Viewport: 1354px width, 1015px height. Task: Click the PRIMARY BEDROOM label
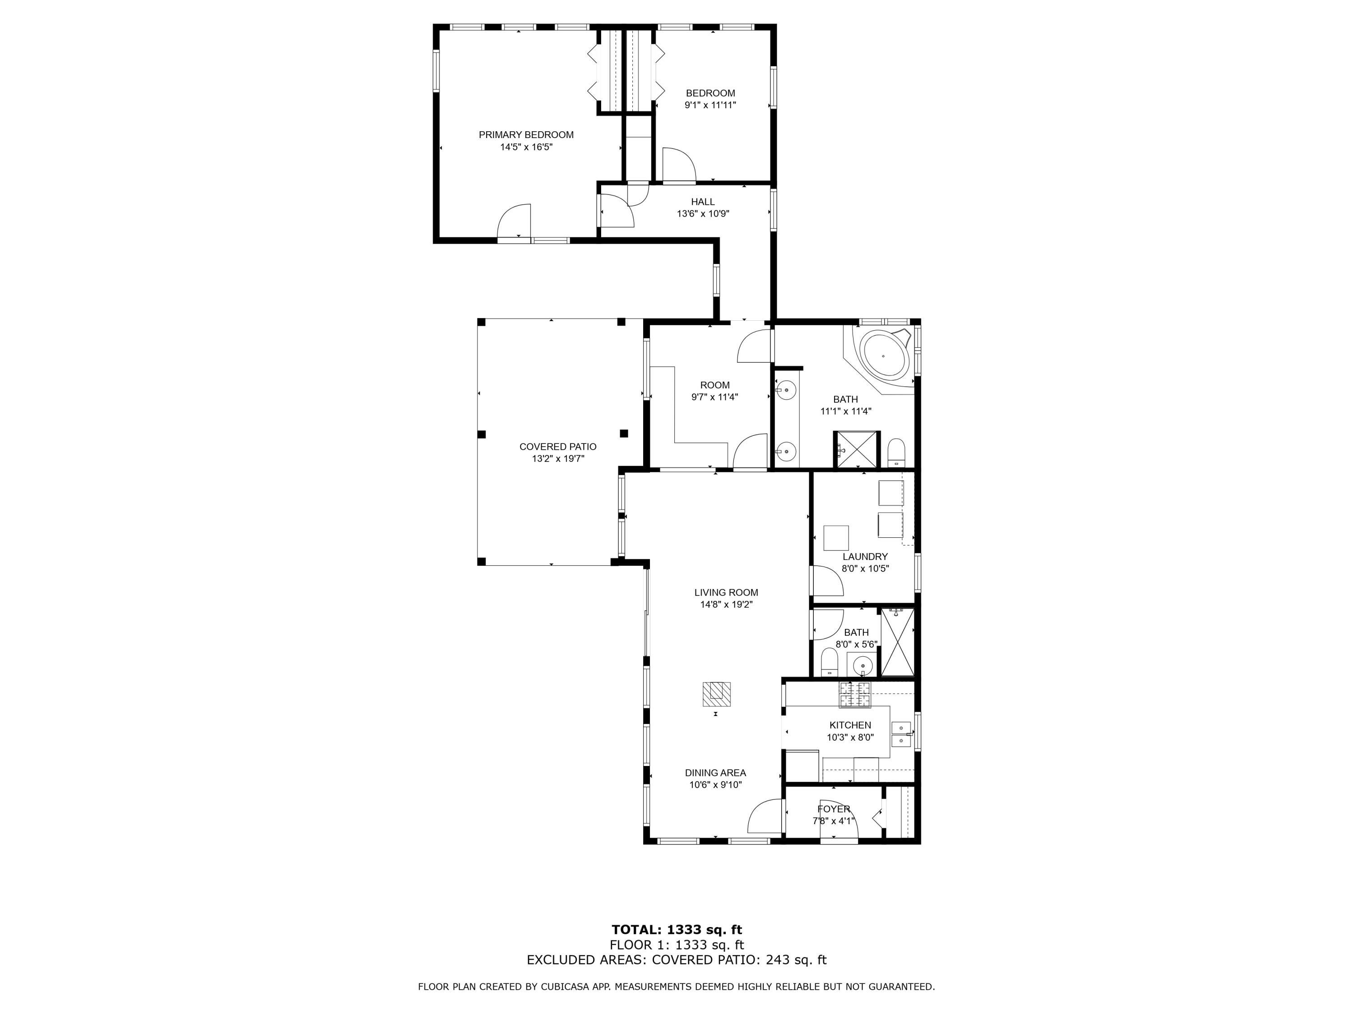coord(526,134)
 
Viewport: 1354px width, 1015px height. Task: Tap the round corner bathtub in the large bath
coord(883,355)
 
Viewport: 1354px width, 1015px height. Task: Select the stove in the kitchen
coord(854,694)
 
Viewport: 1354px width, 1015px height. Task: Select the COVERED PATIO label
coord(558,447)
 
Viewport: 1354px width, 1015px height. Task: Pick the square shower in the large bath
coord(856,450)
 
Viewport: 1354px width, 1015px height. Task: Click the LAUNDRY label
coord(864,557)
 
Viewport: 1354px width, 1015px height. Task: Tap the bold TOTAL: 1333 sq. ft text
coord(677,930)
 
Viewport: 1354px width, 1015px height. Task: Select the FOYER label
coord(833,809)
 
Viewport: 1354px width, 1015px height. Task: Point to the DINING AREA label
coord(715,773)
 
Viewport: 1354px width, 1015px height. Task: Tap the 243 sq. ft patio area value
coord(796,960)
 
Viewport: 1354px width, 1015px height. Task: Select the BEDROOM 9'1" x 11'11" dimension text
coord(710,105)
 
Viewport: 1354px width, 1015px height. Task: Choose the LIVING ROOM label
coord(726,592)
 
